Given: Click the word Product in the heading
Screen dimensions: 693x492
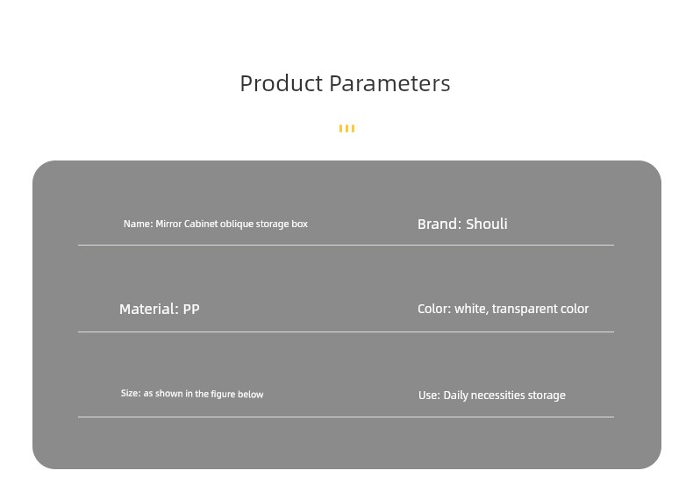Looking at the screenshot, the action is pyautogui.click(x=282, y=83).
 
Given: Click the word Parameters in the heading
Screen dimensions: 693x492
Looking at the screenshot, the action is pyautogui.click(x=389, y=83).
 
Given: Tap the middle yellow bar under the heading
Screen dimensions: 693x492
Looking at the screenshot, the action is pyautogui.click(x=347, y=128).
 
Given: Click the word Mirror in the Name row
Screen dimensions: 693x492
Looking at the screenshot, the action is pyautogui.click(x=168, y=224).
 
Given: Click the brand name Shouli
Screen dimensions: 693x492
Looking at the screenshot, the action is pyautogui.click(x=487, y=224).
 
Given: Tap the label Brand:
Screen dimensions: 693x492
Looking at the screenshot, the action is pyautogui.click(x=439, y=224).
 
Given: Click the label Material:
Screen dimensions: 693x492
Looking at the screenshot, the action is pyautogui.click(x=149, y=309).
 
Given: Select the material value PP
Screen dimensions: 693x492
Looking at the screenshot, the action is pyautogui.click(x=191, y=309).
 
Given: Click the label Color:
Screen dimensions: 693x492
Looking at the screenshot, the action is pyautogui.click(x=434, y=309).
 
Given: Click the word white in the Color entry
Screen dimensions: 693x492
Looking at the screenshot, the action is pyautogui.click(x=472, y=309).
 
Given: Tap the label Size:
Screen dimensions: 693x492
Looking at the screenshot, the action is pyautogui.click(x=131, y=393).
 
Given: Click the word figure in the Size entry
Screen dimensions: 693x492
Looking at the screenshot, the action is pyautogui.click(x=223, y=394).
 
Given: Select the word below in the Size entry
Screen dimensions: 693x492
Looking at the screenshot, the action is pyautogui.click(x=251, y=395).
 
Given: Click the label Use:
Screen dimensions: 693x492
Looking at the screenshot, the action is pyautogui.click(x=429, y=395).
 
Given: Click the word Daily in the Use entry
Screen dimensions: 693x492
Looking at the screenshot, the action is pyautogui.click(x=455, y=396).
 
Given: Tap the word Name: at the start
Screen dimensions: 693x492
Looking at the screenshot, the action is pyautogui.click(x=139, y=224).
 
